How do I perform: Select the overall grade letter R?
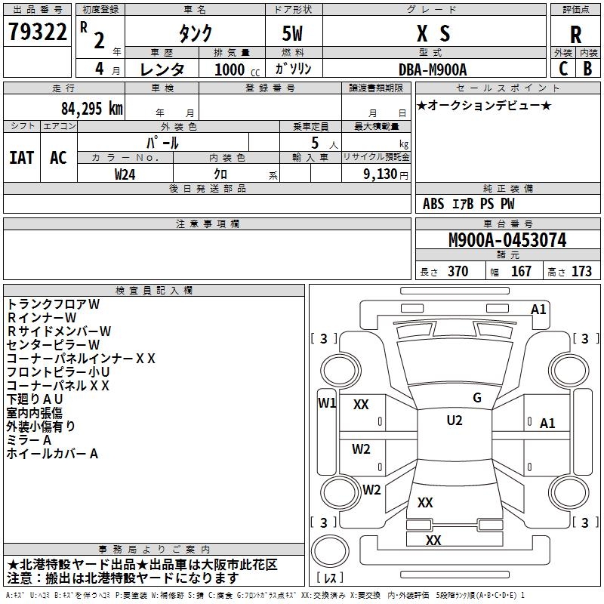pos(575,35)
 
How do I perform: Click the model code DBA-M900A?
pos(433,69)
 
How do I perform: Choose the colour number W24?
pos(125,174)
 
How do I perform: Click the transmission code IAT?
pos(22,157)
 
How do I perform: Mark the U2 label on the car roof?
pos(455,421)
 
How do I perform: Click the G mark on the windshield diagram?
pos(477,398)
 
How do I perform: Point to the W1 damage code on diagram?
pos(327,402)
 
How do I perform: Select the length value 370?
pos(458,271)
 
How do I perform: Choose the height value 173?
pos(581,271)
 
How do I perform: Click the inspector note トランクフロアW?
pos(54,304)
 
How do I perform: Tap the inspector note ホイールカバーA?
pos(52,454)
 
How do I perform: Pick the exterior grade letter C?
pos(563,69)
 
